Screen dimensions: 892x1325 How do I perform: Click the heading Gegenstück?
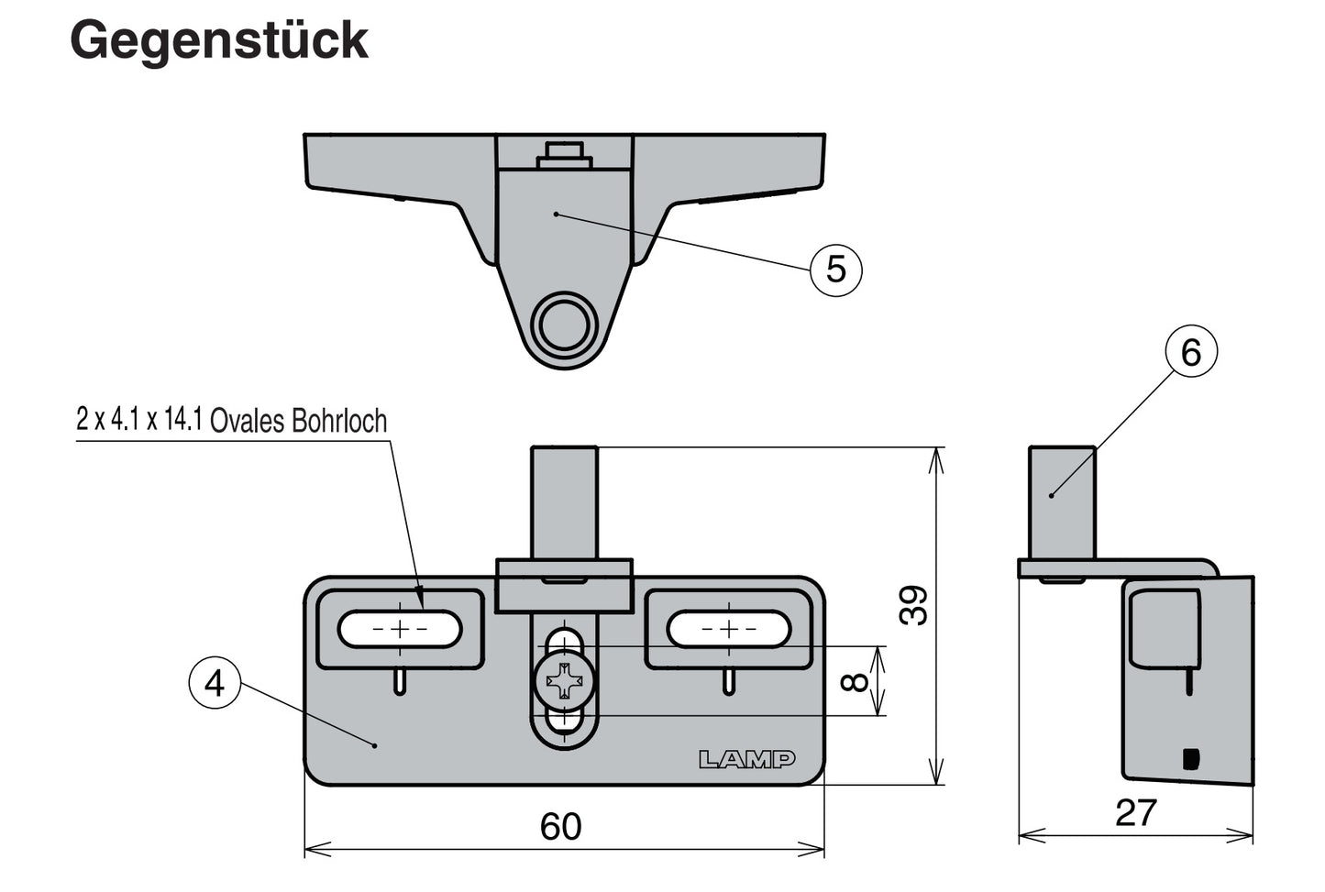click(x=219, y=40)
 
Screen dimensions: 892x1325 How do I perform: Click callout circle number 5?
click(x=836, y=270)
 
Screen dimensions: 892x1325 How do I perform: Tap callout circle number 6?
click(x=1190, y=353)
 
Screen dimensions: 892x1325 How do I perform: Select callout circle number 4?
click(x=215, y=683)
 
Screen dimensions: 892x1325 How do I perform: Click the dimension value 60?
click(x=560, y=827)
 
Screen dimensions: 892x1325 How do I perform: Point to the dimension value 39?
click(x=913, y=605)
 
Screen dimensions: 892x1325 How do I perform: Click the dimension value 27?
click(x=1135, y=813)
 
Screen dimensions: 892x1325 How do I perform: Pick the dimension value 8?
click(x=854, y=681)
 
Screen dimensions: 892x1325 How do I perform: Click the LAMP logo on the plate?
click(x=746, y=760)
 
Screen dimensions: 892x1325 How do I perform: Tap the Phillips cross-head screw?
click(x=563, y=681)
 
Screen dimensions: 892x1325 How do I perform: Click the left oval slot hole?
click(x=399, y=629)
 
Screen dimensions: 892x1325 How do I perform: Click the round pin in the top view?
click(x=564, y=323)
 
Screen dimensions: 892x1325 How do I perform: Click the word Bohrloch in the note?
click(x=339, y=421)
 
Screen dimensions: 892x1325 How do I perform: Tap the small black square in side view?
click(x=1190, y=758)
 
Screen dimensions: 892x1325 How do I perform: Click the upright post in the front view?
click(x=564, y=500)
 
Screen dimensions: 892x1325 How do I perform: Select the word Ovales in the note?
click(x=248, y=421)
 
